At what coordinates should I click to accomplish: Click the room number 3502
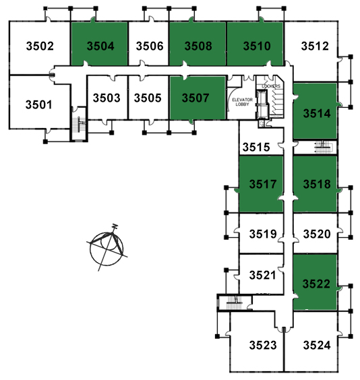pos(40,46)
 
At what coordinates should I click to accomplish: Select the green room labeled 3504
pos(99,44)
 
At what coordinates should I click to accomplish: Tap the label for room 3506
pos(150,46)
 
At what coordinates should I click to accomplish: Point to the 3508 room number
pos(198,46)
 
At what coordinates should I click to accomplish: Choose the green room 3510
pos(255,44)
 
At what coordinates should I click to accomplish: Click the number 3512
pos(315,46)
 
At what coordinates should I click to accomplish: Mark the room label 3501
pos(39,105)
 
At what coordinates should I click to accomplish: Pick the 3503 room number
pos(107,98)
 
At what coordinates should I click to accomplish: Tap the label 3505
pos(148,98)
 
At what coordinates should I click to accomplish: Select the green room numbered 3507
pos(198,98)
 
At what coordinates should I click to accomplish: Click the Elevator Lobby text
pos(242,102)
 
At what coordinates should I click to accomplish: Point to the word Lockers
pos(271,86)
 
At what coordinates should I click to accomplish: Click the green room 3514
pos(315,111)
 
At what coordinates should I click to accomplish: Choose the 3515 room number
pos(256,148)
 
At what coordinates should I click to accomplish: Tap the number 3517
pos(263,184)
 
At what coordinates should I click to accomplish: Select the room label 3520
pos(317,234)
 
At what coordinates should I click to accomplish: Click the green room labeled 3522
pos(315,282)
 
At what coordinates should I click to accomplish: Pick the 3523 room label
pos(263,345)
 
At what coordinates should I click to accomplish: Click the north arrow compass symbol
pos(107,247)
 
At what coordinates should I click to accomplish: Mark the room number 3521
pos(262,276)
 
